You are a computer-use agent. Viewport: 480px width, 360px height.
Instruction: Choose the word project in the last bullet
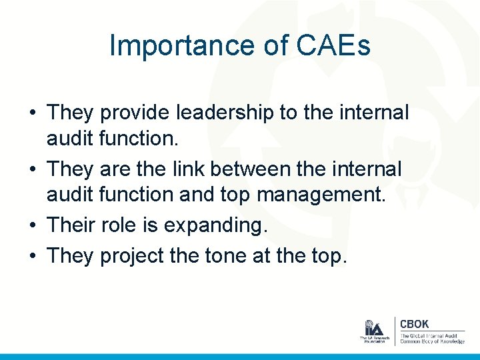click(x=128, y=255)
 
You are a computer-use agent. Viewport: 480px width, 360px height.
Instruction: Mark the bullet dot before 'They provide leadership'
click(x=32, y=113)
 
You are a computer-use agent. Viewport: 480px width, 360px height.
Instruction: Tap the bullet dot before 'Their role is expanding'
click(x=32, y=226)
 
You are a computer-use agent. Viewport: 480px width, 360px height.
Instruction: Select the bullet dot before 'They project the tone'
click(x=32, y=255)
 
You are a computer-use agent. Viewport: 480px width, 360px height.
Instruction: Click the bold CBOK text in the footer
click(x=414, y=325)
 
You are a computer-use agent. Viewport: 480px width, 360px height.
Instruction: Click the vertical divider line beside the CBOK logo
click(x=395, y=331)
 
